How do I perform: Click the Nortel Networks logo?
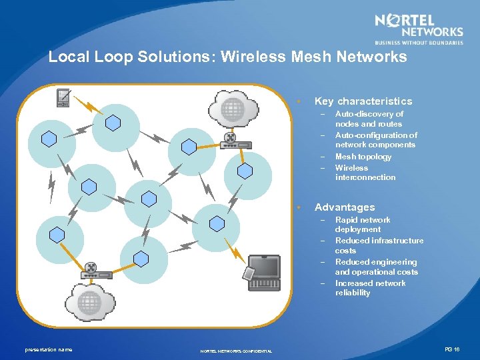click(x=419, y=29)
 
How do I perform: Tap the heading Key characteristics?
click(x=363, y=101)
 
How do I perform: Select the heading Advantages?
click(x=344, y=207)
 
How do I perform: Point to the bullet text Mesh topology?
click(x=363, y=157)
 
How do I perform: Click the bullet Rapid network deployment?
click(x=363, y=225)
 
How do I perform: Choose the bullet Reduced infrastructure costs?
click(x=379, y=245)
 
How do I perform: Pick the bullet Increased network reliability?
click(x=370, y=288)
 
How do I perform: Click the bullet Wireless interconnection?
click(x=365, y=173)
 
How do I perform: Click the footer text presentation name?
click(x=49, y=349)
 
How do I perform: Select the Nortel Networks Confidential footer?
click(x=236, y=351)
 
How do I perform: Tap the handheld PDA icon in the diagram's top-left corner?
click(x=63, y=97)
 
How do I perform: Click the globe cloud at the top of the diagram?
click(x=231, y=107)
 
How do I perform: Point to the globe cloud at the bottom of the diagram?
click(x=88, y=301)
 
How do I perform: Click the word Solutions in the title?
click(x=175, y=57)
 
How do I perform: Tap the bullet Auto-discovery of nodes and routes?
click(x=369, y=119)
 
